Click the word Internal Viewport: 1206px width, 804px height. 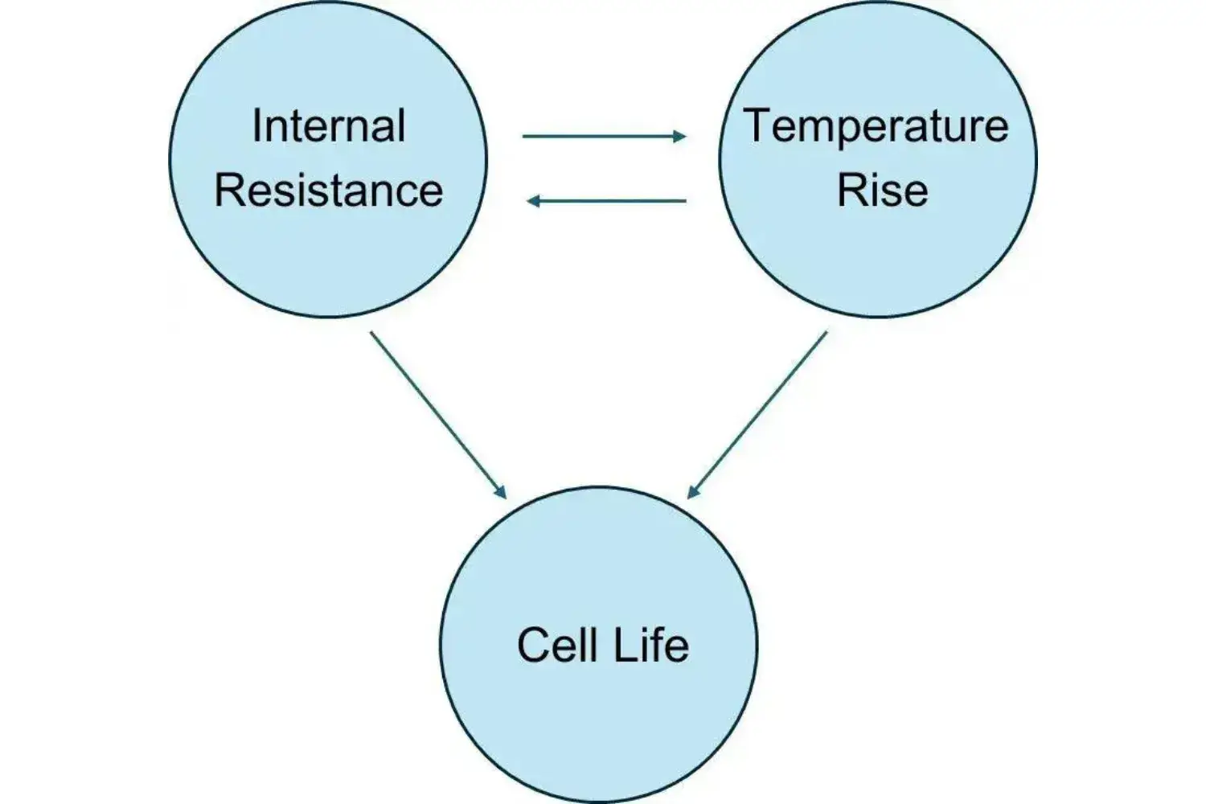pos(328,126)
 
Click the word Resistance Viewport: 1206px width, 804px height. pos(328,191)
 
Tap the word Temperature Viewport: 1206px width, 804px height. pos(876,126)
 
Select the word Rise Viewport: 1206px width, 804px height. pos(882,191)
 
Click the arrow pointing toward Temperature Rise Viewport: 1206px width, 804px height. pos(603,136)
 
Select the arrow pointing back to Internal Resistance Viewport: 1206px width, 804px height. pos(607,200)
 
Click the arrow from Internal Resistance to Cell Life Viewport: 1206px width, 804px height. pos(438,415)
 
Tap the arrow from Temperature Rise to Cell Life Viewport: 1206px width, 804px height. pos(757,415)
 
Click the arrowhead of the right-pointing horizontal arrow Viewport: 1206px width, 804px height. pos(680,136)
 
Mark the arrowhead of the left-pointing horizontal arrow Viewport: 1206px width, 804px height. pos(533,200)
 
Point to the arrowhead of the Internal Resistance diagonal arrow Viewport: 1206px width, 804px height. pos(500,491)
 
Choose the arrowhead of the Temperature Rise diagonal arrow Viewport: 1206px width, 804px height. pos(694,490)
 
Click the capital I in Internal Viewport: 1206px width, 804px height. pos(256,126)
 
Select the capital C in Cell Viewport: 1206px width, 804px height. pos(532,645)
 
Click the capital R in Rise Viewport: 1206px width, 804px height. pos(851,191)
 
